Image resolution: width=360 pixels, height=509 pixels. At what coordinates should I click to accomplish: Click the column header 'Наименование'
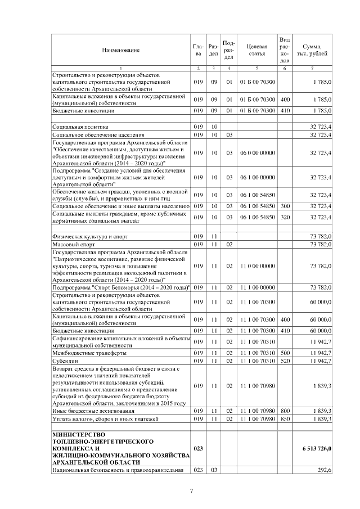pos(121,51)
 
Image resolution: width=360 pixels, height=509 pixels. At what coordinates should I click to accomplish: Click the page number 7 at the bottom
pos(191,491)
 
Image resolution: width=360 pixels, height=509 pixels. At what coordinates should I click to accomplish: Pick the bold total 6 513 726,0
pos(314,448)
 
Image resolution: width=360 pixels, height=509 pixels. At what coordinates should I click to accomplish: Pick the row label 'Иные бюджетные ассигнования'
pos(90,411)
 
